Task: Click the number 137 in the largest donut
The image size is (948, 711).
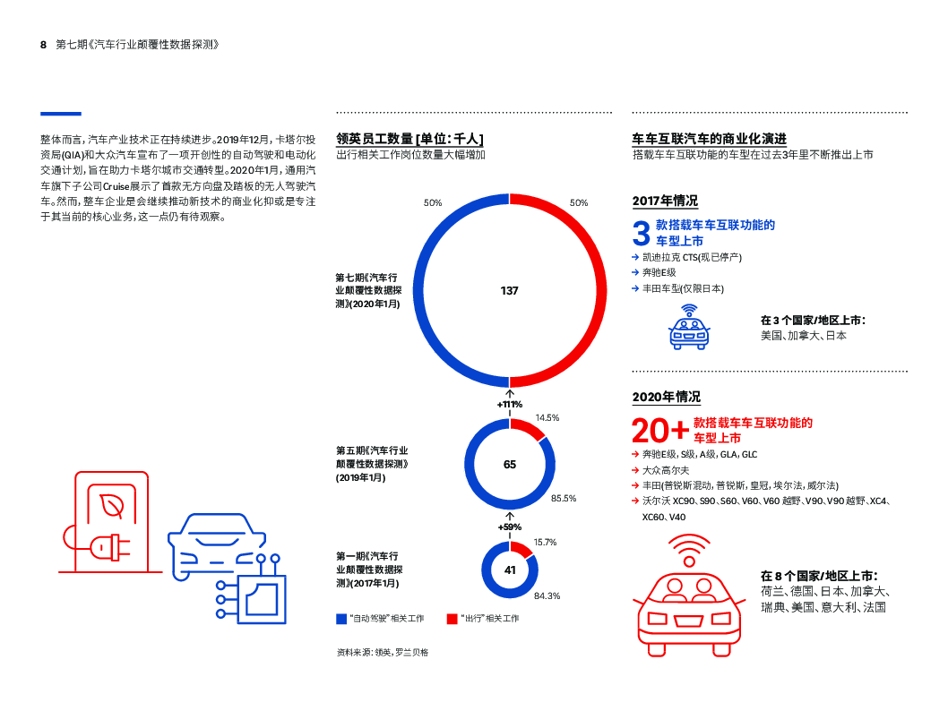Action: pyautogui.click(x=509, y=291)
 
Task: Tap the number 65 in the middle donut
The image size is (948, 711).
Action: pyautogui.click(x=510, y=464)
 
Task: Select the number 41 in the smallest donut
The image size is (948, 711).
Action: pyautogui.click(x=510, y=570)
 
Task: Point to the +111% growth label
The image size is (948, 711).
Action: pyautogui.click(x=510, y=405)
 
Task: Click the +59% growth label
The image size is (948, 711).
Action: pyautogui.click(x=510, y=527)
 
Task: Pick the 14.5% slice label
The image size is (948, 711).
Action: pyautogui.click(x=547, y=418)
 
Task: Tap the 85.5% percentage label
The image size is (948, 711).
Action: pyautogui.click(x=564, y=498)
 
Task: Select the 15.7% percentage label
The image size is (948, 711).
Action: pyautogui.click(x=546, y=542)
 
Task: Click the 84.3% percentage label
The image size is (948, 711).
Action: pyautogui.click(x=547, y=596)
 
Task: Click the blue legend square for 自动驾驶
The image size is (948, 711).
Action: pyautogui.click(x=341, y=619)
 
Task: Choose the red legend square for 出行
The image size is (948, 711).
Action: pyautogui.click(x=452, y=619)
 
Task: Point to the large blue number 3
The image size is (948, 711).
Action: pyautogui.click(x=642, y=234)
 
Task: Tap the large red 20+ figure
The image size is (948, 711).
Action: pyautogui.click(x=659, y=431)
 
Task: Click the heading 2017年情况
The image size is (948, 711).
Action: pyautogui.click(x=665, y=201)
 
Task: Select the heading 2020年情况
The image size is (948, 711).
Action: pyautogui.click(x=666, y=397)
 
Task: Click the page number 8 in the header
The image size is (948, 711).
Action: pyautogui.click(x=43, y=44)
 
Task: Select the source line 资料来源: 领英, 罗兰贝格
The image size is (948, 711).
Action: pyautogui.click(x=382, y=653)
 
